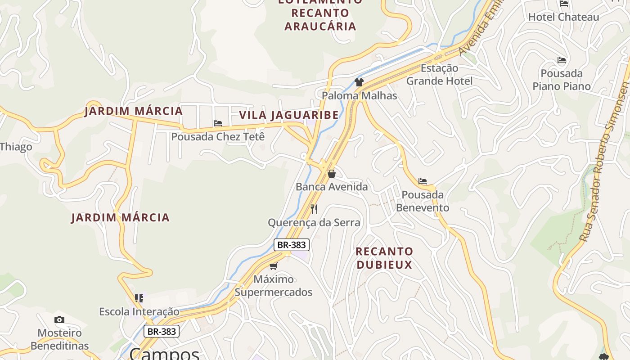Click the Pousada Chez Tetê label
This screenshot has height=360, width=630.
click(x=218, y=136)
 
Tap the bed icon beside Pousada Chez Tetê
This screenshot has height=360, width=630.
click(x=218, y=123)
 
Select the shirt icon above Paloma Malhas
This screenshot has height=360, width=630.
click(x=359, y=82)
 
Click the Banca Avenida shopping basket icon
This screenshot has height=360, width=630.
click(x=332, y=173)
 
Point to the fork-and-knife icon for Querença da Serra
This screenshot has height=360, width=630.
click(x=314, y=209)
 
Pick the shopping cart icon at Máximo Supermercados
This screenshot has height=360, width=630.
click(x=273, y=266)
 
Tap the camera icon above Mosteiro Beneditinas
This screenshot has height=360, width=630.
click(x=59, y=320)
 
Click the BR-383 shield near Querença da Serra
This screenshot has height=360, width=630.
click(x=292, y=245)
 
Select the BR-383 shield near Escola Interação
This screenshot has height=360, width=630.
click(x=162, y=332)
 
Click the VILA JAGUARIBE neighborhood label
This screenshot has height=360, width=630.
click(x=289, y=115)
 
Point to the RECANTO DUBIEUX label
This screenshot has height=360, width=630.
click(x=384, y=258)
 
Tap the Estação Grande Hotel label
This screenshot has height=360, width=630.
click(x=439, y=75)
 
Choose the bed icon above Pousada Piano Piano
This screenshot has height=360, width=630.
click(x=561, y=60)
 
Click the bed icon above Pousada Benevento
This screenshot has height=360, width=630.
click(x=422, y=181)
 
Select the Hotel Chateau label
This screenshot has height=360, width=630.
click(x=563, y=17)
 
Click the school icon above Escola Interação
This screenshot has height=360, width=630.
click(x=139, y=298)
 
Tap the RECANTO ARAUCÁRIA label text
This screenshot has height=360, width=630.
click(x=320, y=19)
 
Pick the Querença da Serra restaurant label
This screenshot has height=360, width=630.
click(x=314, y=223)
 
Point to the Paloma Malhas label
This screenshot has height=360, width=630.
click(x=359, y=95)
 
